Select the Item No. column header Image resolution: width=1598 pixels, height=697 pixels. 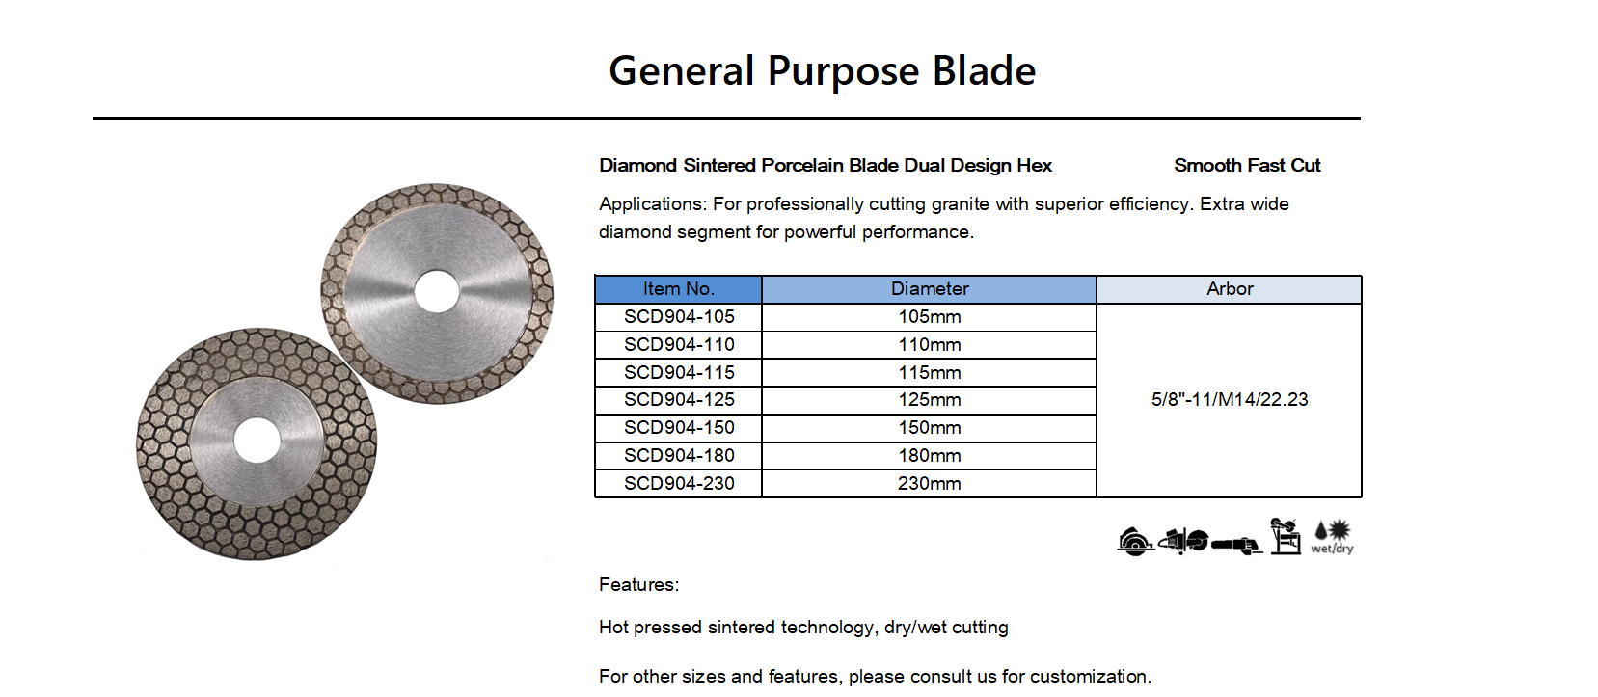[x=678, y=289]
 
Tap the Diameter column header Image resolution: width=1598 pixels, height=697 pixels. [x=929, y=289]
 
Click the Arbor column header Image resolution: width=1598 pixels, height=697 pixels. [x=1230, y=289]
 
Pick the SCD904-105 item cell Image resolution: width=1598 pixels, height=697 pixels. [x=678, y=317]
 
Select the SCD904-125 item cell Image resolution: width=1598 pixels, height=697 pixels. [x=678, y=400]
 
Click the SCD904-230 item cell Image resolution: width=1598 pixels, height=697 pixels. [x=678, y=484]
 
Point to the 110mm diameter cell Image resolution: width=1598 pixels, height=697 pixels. [x=929, y=344]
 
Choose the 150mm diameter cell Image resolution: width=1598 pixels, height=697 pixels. [x=929, y=428]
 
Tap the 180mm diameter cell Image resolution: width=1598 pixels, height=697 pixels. [x=929, y=456]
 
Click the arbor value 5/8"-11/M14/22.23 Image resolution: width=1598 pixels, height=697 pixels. [x=1230, y=399]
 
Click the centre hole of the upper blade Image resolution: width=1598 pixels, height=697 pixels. [x=437, y=291]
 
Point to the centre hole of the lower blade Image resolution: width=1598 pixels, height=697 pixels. [x=257, y=441]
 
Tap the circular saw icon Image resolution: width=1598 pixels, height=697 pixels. [x=1134, y=542]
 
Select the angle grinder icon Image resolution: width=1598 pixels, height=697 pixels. [x=1237, y=545]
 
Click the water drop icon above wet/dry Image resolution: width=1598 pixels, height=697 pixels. [x=1320, y=531]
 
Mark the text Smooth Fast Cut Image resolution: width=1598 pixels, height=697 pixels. [x=1247, y=166]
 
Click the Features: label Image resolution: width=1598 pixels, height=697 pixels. [x=638, y=585]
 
